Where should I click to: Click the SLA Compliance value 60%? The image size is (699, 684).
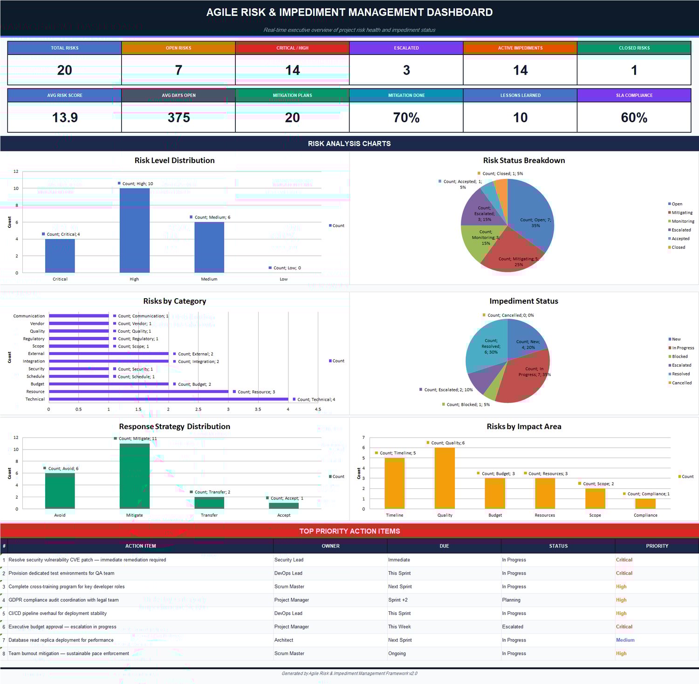(x=634, y=117)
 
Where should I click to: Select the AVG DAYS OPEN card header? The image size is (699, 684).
(x=178, y=96)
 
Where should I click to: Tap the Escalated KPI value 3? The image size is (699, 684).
(x=406, y=70)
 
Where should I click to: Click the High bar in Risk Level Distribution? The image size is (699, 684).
(x=135, y=231)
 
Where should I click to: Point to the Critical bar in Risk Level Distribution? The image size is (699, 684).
(x=60, y=256)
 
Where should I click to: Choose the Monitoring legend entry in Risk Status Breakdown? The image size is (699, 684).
(x=682, y=221)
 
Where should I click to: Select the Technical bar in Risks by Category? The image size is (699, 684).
(x=168, y=399)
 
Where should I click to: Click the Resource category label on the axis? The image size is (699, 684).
(x=35, y=392)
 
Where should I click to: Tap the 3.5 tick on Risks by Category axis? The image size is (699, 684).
(x=258, y=410)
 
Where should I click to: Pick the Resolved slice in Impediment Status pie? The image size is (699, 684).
(x=485, y=352)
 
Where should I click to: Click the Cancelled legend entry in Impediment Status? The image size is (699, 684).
(x=681, y=383)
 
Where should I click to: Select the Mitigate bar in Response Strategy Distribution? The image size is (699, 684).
(x=135, y=475)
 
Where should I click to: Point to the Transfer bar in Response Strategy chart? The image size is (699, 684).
(x=209, y=503)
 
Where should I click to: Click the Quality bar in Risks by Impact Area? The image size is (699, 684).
(x=445, y=478)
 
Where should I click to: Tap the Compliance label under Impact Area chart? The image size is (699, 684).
(x=645, y=515)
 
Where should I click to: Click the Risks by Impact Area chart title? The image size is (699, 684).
(x=524, y=426)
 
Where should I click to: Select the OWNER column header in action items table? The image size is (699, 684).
(x=330, y=546)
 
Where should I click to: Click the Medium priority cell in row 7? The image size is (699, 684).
(x=625, y=640)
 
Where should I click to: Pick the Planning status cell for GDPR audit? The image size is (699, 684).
(x=511, y=600)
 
